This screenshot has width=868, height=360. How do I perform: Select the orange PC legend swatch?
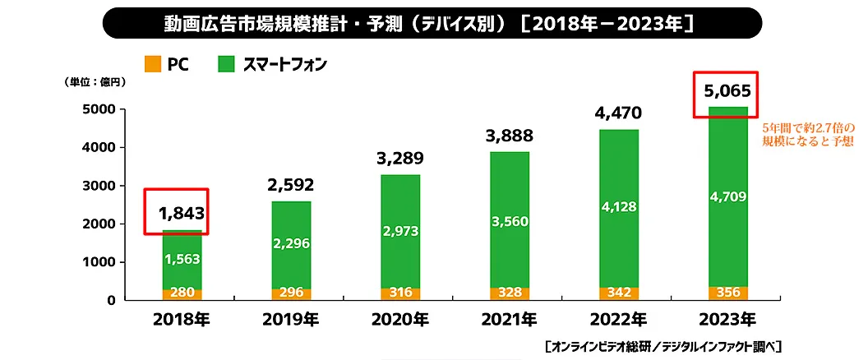[x=151, y=64]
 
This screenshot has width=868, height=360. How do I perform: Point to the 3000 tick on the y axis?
[x=101, y=186]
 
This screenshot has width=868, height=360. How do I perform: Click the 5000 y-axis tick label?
[x=101, y=109]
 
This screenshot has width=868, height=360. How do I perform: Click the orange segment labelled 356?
[x=727, y=293]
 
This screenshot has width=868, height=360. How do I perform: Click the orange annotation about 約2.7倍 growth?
[x=809, y=135]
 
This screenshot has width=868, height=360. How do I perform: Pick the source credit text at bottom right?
[x=663, y=345]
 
